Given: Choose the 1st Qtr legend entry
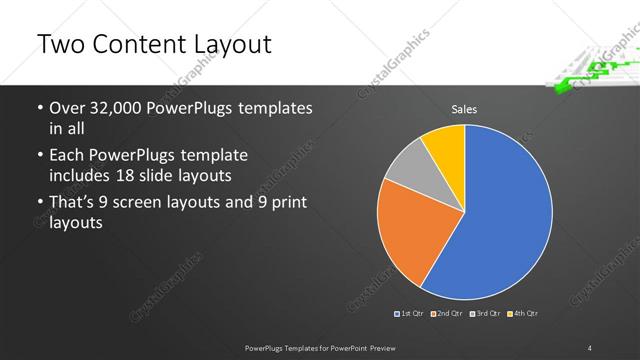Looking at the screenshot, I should coord(410,314).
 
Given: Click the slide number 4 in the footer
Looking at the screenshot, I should coord(590,347).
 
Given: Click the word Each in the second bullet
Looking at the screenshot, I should coord(67,157).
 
